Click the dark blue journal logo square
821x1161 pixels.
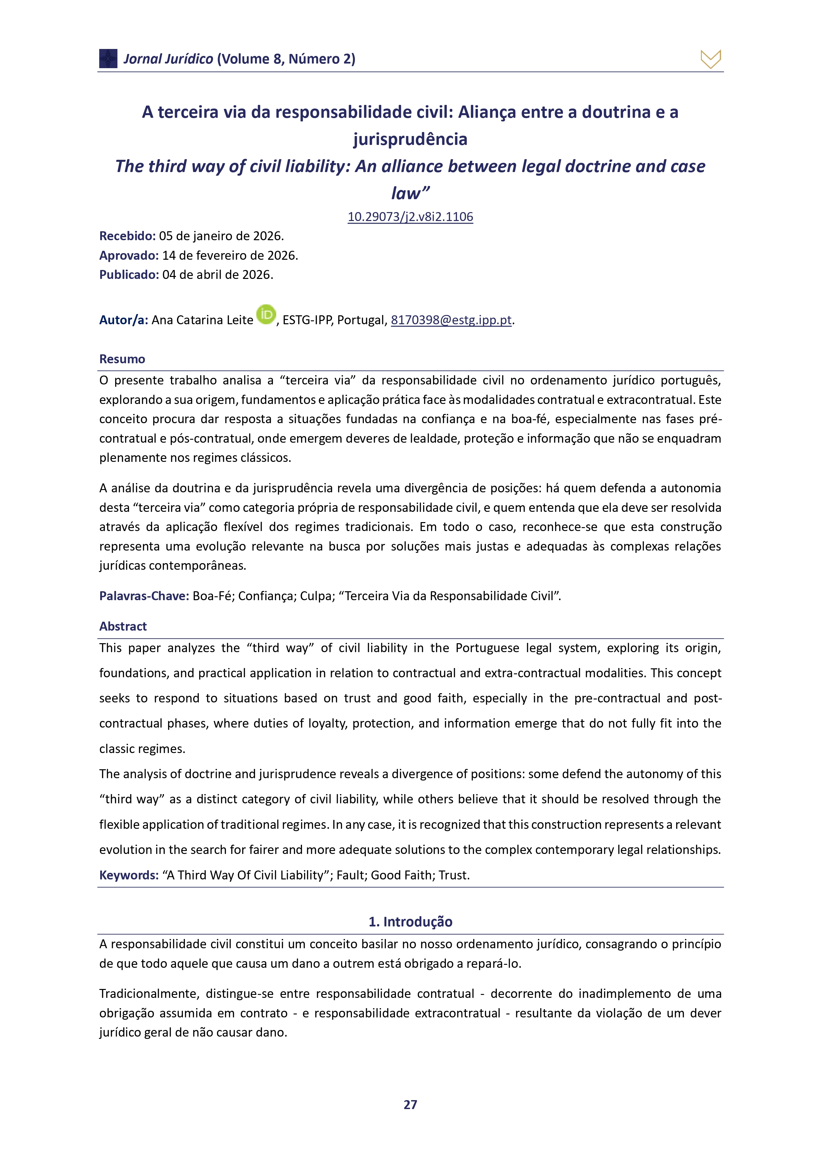pos(108,59)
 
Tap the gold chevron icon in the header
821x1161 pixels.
pos(710,59)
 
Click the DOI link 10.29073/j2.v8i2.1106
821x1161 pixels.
pos(410,217)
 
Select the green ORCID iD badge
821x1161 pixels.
pos(266,315)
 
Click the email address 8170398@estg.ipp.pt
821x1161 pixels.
pos(451,320)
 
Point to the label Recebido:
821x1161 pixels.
pos(127,236)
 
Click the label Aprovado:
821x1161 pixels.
pos(129,255)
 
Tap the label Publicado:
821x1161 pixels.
pos(129,275)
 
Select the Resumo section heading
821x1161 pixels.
pos(122,359)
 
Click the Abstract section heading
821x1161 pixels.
pos(123,627)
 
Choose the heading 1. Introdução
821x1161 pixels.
pos(410,922)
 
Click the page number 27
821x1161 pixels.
pos(410,1105)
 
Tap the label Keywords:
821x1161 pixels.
pos(129,875)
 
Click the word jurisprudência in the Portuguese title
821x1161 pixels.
pos(410,139)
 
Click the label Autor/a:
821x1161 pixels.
pos(123,320)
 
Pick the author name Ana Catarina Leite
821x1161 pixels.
pos(202,320)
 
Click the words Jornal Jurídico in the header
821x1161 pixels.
pos(168,59)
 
